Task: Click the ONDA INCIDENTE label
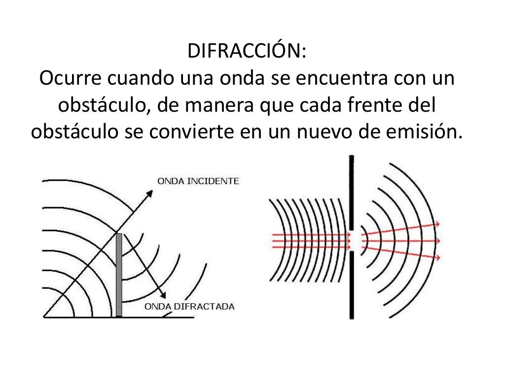coord(198,181)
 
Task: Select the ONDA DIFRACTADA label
coord(189,307)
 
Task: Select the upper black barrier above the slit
coord(351,192)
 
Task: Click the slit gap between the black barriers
coord(351,241)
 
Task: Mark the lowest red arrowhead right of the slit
coord(437,257)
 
